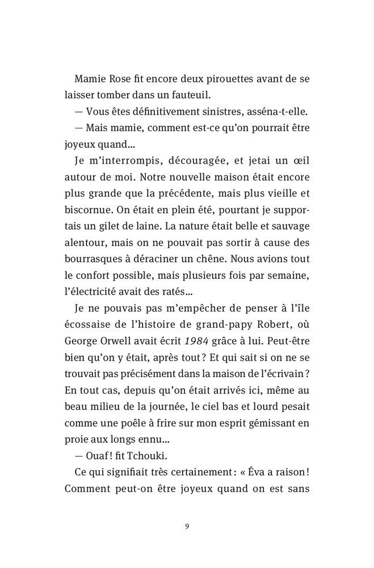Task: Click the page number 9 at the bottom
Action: click(x=187, y=525)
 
